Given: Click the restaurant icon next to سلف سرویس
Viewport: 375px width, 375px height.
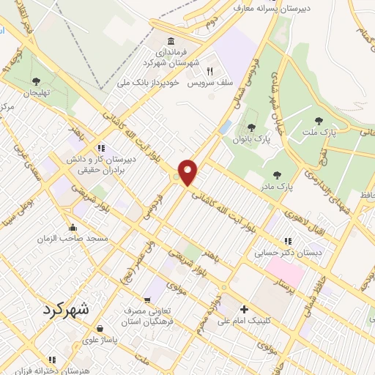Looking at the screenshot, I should [x=209, y=72].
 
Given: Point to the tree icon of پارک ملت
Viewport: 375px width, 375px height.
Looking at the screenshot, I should [x=318, y=122].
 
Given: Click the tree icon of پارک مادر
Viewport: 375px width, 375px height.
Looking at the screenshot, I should [x=276, y=174].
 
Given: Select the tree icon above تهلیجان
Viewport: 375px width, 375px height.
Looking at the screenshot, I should [x=37, y=81].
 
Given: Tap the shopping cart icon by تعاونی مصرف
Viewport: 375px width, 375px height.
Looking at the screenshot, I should [x=147, y=300].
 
